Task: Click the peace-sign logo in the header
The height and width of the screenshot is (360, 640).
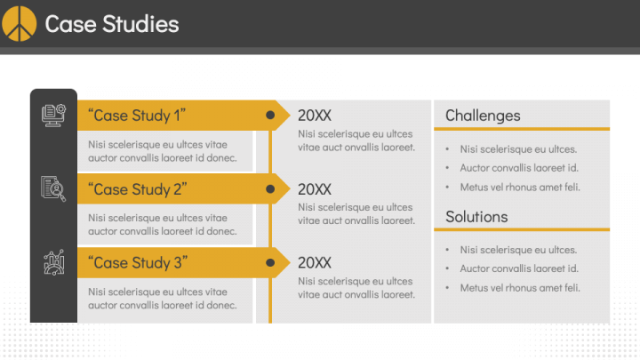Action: click(20, 23)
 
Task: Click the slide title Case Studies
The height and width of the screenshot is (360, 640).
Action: click(112, 24)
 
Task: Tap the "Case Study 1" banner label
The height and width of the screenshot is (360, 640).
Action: click(138, 116)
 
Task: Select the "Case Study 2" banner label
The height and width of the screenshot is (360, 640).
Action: click(138, 189)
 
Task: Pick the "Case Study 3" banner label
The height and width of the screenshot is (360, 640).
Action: click(138, 263)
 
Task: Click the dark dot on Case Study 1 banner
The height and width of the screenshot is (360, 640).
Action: click(270, 115)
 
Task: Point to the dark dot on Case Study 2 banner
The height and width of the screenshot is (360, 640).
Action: click(270, 188)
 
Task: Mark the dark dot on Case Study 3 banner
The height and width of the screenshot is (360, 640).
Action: click(270, 262)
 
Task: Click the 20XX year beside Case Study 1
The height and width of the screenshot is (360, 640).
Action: click(315, 116)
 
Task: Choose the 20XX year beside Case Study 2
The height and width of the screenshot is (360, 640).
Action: click(315, 189)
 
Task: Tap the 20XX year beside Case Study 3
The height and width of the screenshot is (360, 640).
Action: click(315, 263)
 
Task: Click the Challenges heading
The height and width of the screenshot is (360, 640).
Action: click(483, 116)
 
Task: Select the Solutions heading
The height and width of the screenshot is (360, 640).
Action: click(476, 217)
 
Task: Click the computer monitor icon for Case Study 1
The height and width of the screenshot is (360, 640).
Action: click(53, 115)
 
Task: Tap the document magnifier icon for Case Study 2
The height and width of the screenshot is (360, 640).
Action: click(53, 188)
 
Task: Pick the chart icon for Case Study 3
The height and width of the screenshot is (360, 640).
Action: click(53, 262)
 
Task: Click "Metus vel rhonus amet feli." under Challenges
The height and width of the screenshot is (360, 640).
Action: click(520, 187)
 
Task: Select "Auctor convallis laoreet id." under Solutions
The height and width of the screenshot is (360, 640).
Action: click(519, 268)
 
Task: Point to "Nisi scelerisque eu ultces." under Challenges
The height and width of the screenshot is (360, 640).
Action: click(518, 149)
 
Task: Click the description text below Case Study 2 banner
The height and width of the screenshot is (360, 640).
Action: click(163, 225)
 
